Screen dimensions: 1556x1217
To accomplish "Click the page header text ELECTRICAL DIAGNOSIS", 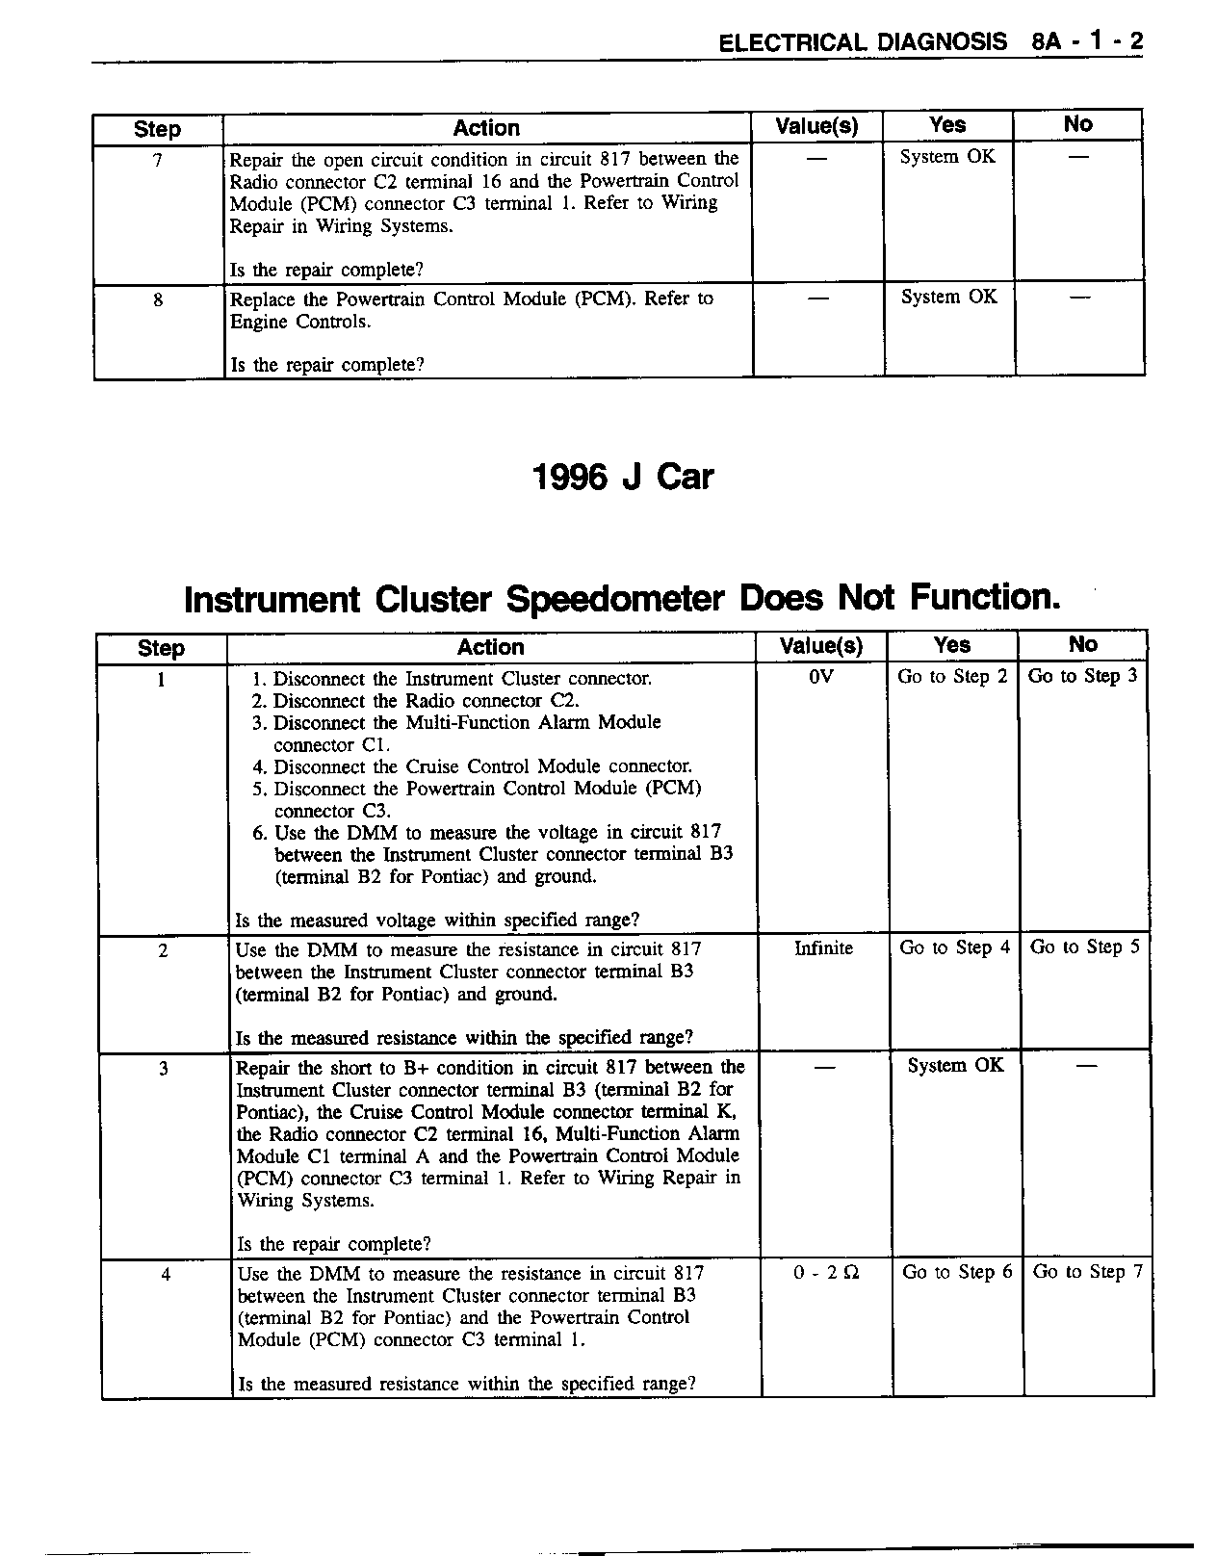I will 863,42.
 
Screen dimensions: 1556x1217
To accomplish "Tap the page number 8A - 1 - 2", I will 1085,42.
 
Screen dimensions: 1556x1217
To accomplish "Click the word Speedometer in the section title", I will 614,599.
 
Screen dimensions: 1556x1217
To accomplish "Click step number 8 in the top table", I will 158,299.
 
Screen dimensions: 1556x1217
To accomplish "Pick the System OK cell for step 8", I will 948,298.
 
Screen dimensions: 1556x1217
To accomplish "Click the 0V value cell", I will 820,677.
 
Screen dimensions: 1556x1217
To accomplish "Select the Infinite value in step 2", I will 823,948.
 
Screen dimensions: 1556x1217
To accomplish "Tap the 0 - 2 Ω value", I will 826,1272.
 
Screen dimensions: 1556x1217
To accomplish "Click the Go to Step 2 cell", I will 952,677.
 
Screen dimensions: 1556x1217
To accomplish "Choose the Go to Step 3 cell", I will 1082,676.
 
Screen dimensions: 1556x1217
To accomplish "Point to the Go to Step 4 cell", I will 954,947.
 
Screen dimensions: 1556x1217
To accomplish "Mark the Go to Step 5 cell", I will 1084,947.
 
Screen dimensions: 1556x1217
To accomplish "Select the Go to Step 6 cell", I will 957,1272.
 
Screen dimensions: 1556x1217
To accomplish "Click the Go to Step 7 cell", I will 1087,1272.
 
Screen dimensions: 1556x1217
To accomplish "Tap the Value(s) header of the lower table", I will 820,646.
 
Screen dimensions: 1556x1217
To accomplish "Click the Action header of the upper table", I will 486,128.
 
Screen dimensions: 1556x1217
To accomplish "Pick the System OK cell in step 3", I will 955,1065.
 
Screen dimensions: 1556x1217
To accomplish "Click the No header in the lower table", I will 1082,644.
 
